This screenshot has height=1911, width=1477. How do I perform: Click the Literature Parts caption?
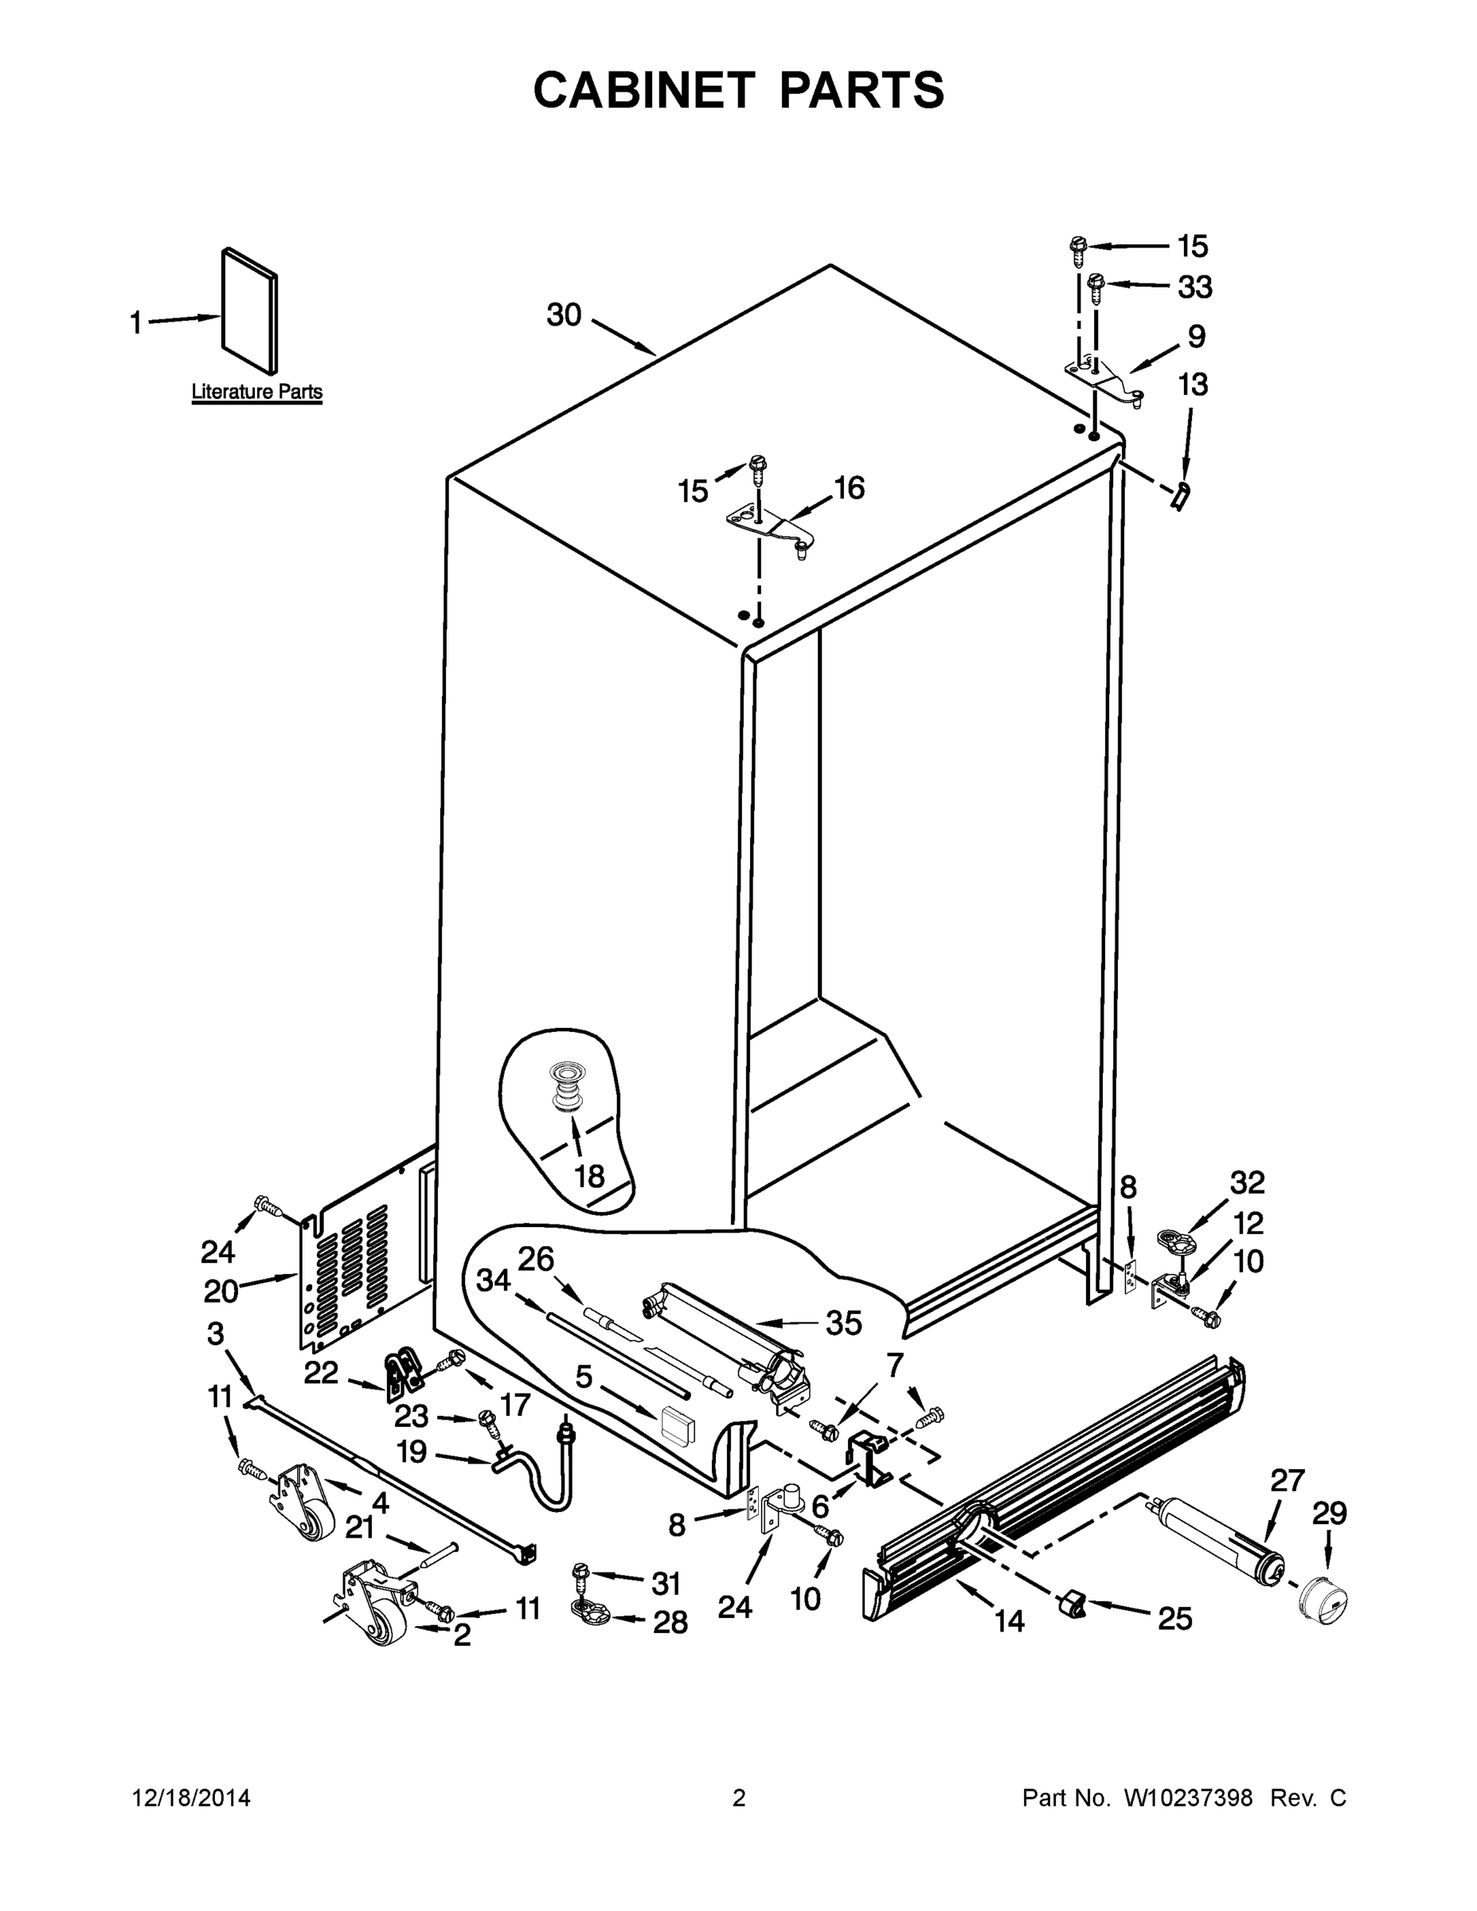pos(256,392)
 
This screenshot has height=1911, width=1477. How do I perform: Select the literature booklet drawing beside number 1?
pos(250,310)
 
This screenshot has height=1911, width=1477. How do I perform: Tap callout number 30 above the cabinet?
pos(565,315)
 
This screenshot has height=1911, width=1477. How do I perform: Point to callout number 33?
pos(1194,287)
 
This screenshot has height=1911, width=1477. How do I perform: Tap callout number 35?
pos(843,1324)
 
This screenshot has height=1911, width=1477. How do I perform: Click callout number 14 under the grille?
pos(1009,1621)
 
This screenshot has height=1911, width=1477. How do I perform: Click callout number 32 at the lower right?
pos(1247,1183)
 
